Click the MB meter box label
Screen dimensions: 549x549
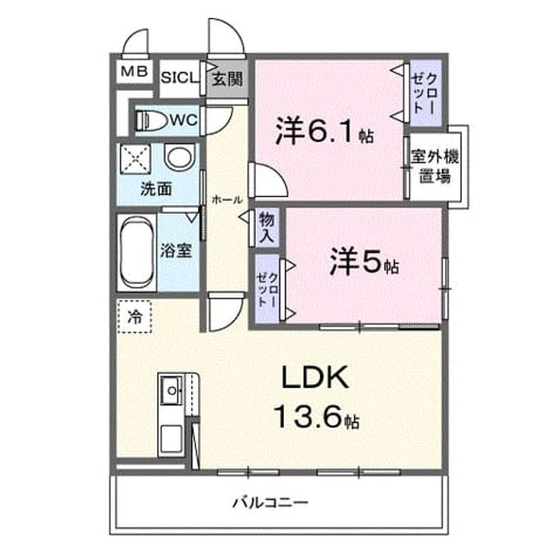coord(134,72)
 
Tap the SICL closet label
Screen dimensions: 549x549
coord(179,78)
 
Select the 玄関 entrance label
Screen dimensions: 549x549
coord(227,79)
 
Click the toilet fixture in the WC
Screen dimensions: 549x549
coord(151,120)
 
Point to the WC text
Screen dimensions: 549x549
coord(184,120)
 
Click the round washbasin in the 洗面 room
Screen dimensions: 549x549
coord(179,157)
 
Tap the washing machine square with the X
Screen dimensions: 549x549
coord(136,159)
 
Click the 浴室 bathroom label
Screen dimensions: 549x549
coord(176,250)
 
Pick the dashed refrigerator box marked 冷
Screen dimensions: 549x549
coord(134,317)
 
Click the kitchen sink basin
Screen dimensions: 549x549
coord(172,389)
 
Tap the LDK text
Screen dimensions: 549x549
coord(315,377)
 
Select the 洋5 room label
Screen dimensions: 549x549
coord(364,261)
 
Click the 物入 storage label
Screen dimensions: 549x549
coord(267,228)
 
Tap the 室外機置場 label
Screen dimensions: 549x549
coord(435,166)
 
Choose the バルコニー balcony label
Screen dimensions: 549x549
coord(270,504)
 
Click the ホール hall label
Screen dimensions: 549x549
coord(226,200)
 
